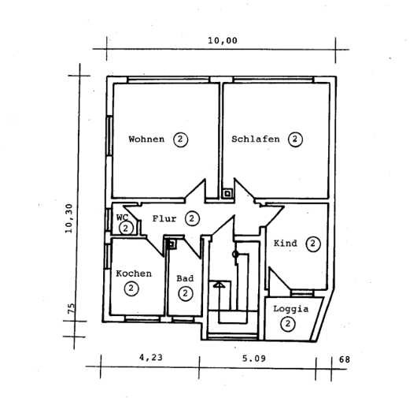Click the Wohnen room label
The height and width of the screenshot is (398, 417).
click(x=146, y=139)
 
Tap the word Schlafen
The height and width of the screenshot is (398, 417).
click(x=256, y=139)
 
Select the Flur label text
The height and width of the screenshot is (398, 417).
click(x=164, y=219)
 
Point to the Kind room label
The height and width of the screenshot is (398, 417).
click(x=286, y=244)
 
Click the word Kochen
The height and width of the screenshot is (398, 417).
click(x=134, y=273)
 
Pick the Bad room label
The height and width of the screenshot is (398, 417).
click(x=185, y=279)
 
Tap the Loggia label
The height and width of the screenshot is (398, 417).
click(x=290, y=309)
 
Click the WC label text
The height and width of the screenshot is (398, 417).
click(x=122, y=218)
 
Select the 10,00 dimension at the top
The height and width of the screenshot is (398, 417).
click(x=223, y=41)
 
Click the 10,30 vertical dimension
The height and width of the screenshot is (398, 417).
click(x=69, y=218)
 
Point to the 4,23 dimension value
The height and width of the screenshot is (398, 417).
click(x=151, y=357)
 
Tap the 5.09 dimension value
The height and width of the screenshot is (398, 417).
click(x=253, y=359)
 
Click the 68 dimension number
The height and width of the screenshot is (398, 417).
click(x=345, y=359)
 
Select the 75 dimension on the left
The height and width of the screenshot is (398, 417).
click(x=72, y=309)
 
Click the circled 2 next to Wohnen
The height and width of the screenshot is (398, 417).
click(x=181, y=139)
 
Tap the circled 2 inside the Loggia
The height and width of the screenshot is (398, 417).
click(x=287, y=324)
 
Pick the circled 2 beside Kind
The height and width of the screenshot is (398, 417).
click(x=313, y=244)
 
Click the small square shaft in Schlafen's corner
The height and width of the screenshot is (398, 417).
click(x=227, y=193)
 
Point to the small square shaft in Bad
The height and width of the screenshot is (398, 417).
click(x=172, y=244)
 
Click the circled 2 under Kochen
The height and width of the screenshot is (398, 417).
click(x=131, y=288)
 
